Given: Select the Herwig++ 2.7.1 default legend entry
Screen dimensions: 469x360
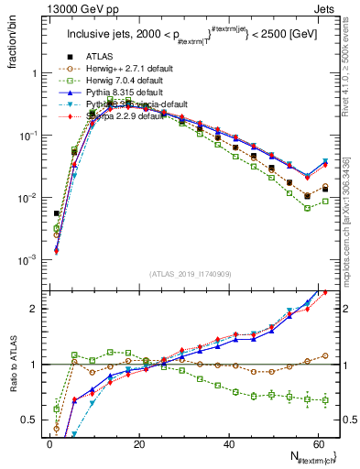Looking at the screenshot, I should coord(113,68).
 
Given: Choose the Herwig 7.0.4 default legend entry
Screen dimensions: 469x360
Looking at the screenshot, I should coord(112,81).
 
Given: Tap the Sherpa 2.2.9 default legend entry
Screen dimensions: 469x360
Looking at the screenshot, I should coord(111,117).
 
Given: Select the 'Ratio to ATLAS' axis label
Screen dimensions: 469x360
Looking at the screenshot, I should coord(12,364).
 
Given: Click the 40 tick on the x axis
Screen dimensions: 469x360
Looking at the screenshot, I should coord(228,444).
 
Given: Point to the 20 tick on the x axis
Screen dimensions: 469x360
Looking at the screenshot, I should coord(138,444).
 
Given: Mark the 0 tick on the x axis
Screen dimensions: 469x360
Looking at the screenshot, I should coord(49,444).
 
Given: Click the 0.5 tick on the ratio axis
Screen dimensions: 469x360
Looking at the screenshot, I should coord(29,420).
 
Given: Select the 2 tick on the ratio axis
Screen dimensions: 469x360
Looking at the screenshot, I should coord(33,309).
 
